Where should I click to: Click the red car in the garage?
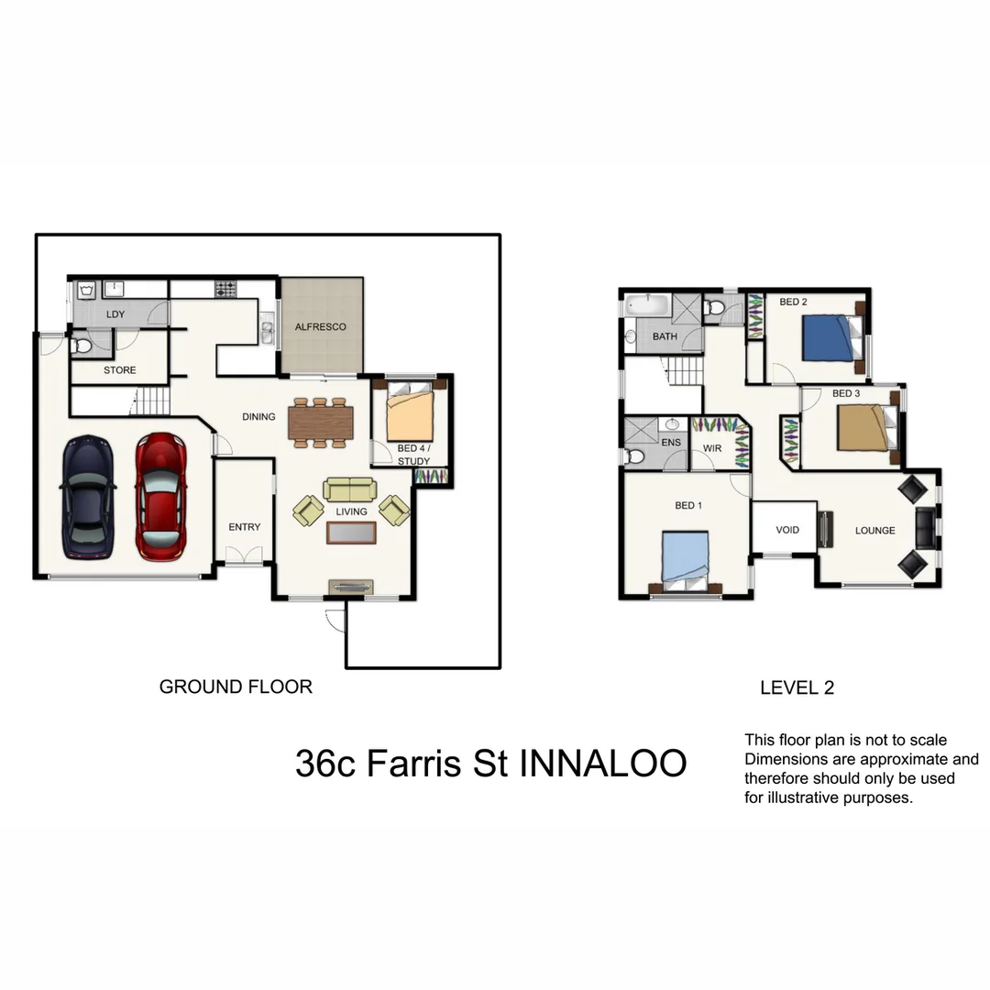pyautogui.click(x=160, y=496)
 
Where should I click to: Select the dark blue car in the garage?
pyautogui.click(x=87, y=496)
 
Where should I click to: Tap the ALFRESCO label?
pyautogui.click(x=321, y=326)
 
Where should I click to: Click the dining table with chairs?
pyautogui.click(x=320, y=423)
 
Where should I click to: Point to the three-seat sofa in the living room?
pyautogui.click(x=349, y=489)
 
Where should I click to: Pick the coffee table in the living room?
pyautogui.click(x=351, y=533)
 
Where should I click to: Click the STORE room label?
pyautogui.click(x=119, y=370)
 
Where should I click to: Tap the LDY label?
pyautogui.click(x=115, y=314)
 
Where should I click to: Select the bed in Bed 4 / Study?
pyautogui.click(x=409, y=413)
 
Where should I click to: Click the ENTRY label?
pyautogui.click(x=244, y=527)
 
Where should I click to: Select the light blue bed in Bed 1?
pyautogui.click(x=686, y=557)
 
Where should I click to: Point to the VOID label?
pyautogui.click(x=787, y=530)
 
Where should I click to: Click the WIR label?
pyautogui.click(x=712, y=448)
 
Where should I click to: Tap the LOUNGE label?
pyautogui.click(x=874, y=530)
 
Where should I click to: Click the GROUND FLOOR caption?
pyautogui.click(x=236, y=687)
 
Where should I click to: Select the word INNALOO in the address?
pyautogui.click(x=602, y=764)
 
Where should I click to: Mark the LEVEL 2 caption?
pyautogui.click(x=797, y=687)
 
